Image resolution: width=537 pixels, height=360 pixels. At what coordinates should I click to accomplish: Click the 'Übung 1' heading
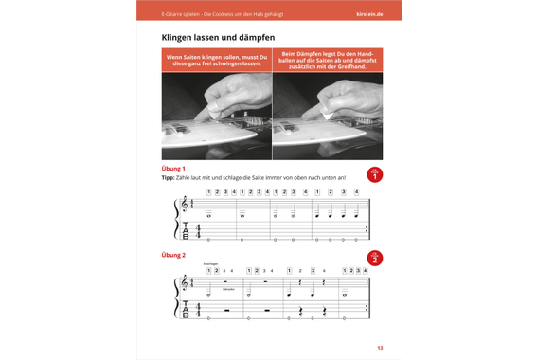173,168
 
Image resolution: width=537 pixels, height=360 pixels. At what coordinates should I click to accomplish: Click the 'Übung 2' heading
173,255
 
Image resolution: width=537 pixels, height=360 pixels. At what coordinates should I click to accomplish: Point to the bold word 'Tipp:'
169,177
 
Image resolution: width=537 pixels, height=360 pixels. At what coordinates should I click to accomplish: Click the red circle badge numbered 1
374,174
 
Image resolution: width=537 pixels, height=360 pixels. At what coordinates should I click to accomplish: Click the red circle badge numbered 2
374,258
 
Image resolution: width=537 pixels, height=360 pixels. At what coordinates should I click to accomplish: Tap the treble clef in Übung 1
184,206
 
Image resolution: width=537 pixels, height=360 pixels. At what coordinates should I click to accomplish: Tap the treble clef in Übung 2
184,284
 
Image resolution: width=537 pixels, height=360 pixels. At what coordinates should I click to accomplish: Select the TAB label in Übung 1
185,230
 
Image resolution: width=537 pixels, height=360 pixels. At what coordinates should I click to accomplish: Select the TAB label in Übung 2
185,309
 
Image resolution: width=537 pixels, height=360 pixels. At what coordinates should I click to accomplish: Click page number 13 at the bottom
379,348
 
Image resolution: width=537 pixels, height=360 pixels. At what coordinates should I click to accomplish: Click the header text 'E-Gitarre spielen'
180,14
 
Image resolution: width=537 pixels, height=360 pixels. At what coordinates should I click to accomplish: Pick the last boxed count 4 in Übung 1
356,191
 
